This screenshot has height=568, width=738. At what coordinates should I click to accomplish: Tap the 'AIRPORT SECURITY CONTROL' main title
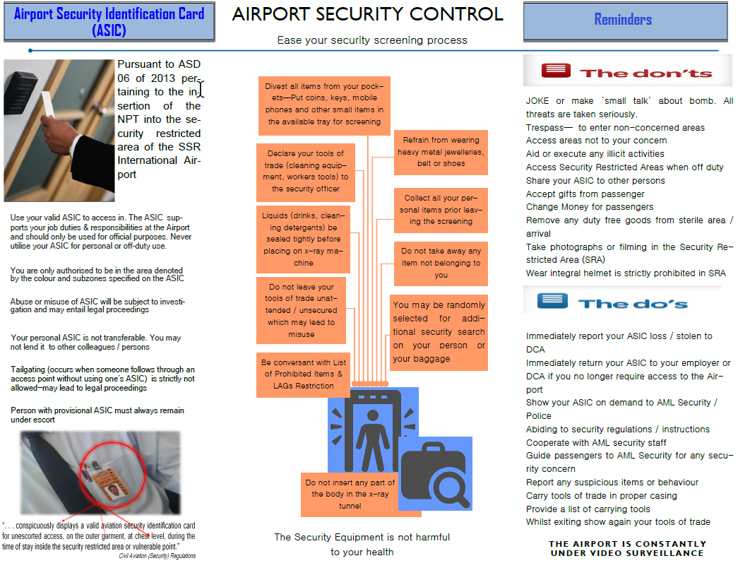[x=367, y=14]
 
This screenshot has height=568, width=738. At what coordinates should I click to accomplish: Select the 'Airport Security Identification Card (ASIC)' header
[x=109, y=21]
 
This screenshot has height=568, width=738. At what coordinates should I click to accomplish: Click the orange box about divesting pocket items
[x=324, y=104]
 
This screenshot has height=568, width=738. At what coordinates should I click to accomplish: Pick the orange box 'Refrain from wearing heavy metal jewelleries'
[x=440, y=152]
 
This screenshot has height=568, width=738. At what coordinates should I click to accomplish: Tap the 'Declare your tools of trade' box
[x=306, y=171]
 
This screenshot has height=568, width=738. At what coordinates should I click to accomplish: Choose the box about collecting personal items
[x=441, y=210]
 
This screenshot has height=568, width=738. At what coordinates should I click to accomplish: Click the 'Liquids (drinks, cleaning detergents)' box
[x=303, y=239]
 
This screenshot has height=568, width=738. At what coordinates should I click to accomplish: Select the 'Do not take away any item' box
[x=441, y=263]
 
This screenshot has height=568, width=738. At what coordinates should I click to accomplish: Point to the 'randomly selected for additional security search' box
[x=439, y=332]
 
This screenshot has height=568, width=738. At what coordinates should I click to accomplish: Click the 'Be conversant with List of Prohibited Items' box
[x=304, y=374]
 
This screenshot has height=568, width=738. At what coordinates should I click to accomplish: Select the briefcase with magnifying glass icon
[x=433, y=473]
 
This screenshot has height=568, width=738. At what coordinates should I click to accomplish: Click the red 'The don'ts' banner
[x=627, y=72]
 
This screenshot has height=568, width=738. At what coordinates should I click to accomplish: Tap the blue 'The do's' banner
[x=621, y=301]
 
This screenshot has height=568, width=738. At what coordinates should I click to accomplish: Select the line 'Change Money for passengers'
[x=590, y=207]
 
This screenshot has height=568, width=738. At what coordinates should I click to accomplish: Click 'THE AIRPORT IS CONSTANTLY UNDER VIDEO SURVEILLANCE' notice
[x=626, y=548]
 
